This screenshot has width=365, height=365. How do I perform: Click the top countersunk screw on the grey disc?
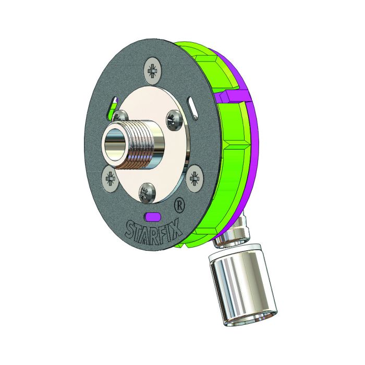point(153,69)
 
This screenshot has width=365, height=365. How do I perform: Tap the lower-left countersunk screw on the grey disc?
point(111,179)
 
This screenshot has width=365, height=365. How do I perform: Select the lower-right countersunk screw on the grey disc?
point(195,177)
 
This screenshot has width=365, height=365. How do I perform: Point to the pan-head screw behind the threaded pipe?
point(121,116)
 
